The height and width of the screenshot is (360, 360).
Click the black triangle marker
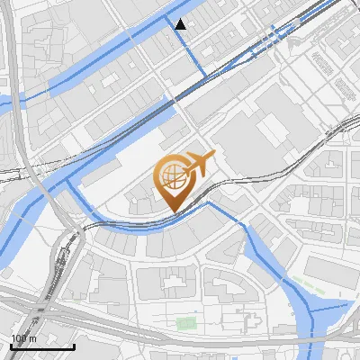(x=181, y=24)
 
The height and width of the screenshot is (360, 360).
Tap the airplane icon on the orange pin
(x=199, y=163)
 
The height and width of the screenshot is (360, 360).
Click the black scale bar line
(x=42, y=346)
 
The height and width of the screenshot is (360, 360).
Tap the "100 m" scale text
(x=24, y=338)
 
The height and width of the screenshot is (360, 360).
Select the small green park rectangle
(x=186, y=323)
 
